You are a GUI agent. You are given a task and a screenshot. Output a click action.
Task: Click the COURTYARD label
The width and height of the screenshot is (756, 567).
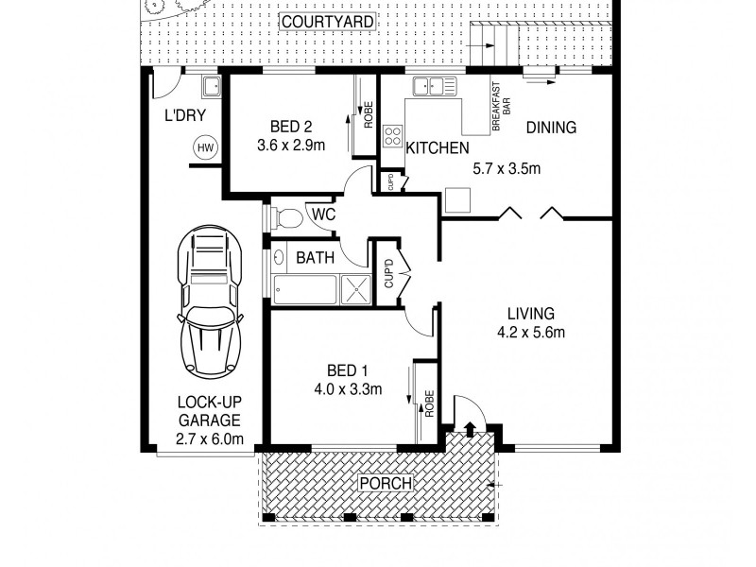(327, 22)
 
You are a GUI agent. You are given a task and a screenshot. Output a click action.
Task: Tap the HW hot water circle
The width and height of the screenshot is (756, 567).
(206, 148)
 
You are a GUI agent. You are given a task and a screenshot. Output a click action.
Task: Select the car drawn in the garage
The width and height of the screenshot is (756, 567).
(210, 301)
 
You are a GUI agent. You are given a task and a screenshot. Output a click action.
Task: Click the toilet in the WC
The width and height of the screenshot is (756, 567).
(286, 217)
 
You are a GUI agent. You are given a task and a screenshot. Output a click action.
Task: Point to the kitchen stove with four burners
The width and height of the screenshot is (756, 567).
(393, 135)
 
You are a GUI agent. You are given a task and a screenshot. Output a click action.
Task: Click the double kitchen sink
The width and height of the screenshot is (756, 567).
(434, 86)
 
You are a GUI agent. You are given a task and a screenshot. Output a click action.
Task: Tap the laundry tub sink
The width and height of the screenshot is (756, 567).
(212, 86)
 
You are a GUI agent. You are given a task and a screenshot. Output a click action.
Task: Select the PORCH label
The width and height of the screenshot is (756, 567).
(387, 483)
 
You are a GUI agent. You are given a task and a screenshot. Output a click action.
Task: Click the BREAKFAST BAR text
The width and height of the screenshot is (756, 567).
(502, 106)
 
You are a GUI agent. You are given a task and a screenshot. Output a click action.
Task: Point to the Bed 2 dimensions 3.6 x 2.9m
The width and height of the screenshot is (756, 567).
(291, 146)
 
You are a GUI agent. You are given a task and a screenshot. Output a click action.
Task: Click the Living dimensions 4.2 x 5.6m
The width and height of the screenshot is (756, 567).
(531, 333)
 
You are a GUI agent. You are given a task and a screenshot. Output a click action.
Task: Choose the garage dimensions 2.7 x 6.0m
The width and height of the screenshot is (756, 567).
(209, 438)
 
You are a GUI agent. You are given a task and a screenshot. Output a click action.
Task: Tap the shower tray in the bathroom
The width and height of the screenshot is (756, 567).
(356, 289)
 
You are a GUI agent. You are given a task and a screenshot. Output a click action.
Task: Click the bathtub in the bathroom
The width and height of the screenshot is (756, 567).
(304, 290)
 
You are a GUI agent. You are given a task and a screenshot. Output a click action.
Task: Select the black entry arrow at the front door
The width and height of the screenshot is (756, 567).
(470, 429)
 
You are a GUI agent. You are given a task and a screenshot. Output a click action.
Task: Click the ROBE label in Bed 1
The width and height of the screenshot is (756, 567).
(429, 404)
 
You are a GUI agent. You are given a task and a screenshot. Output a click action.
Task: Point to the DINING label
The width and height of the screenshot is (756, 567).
(551, 128)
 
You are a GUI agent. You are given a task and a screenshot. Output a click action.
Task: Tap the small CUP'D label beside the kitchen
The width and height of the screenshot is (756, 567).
(391, 181)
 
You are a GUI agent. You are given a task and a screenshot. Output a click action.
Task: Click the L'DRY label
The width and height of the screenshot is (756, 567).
(185, 115)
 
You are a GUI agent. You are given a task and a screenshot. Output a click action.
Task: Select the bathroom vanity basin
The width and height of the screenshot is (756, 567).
(279, 257)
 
